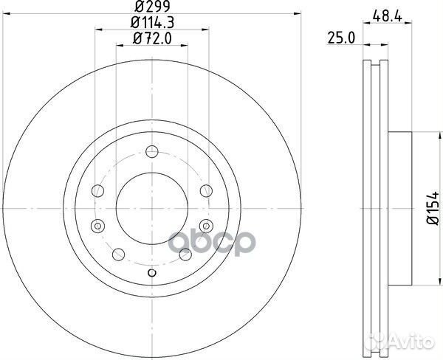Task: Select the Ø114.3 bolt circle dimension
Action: click(x=151, y=23)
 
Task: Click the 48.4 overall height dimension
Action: click(x=381, y=13)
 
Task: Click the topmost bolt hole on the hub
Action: click(x=152, y=152)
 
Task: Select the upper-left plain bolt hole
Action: click(x=96, y=191)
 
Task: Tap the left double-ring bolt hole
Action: click(x=96, y=225)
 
